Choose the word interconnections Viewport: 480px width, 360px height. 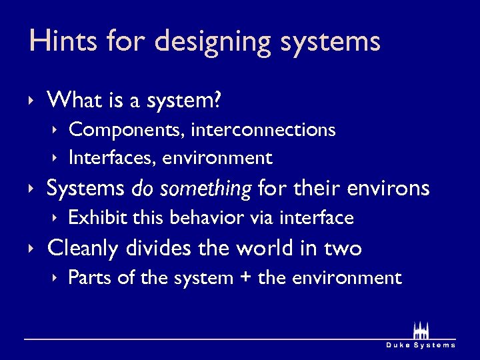[x=263, y=129]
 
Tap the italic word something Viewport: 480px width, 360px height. [x=211, y=189]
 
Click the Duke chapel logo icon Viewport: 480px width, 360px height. [x=421, y=331]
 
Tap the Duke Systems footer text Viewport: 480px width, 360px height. [x=421, y=345]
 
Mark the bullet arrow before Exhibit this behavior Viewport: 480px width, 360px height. [x=55, y=218]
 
